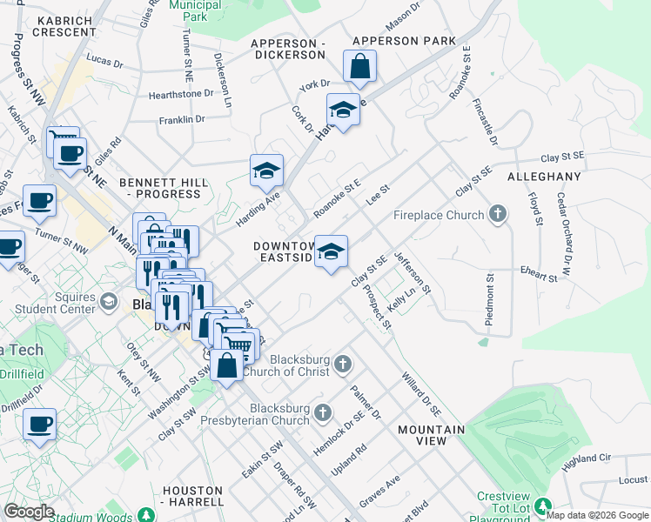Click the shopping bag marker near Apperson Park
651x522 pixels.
(359, 65)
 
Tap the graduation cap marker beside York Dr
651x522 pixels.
(343, 110)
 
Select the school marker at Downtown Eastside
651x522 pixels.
(331, 251)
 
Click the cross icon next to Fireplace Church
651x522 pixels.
(498, 214)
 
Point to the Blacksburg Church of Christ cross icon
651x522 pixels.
(343, 364)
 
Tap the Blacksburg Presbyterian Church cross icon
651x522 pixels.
(323, 412)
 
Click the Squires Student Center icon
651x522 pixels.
(109, 301)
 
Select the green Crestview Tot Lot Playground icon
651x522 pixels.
(543, 505)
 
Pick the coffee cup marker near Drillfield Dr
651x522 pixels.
(39, 425)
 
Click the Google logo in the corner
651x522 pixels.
(29, 512)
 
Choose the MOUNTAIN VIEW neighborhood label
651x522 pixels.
(431, 435)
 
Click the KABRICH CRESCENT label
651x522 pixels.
(64, 25)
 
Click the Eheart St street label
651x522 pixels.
(539, 277)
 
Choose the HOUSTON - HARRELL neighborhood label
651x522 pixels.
(192, 496)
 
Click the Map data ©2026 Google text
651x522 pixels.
(597, 514)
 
